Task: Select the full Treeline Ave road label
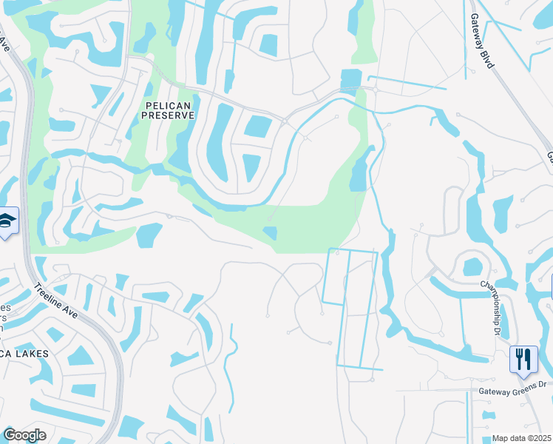click(x=56, y=303)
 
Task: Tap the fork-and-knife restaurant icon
click(x=523, y=359)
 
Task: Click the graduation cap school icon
click(x=7, y=221)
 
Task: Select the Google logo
click(x=24, y=435)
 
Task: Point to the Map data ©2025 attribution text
click(x=522, y=438)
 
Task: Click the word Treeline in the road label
click(x=49, y=297)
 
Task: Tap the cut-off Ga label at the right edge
click(x=549, y=157)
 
